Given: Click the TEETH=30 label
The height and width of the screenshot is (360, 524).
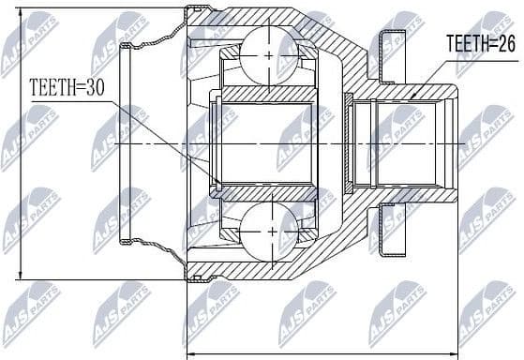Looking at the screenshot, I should pos(68,88).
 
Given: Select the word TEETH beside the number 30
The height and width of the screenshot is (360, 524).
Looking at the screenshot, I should pos(52,88).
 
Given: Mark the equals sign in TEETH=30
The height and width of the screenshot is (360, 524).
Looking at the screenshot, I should pos(82,88).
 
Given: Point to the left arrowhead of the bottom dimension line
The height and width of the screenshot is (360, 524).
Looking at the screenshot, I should pos(193,353).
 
